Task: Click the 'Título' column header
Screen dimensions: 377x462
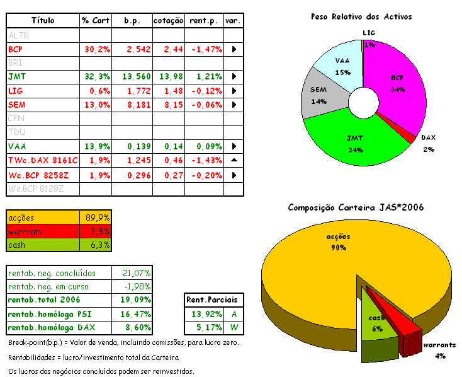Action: point(43,21)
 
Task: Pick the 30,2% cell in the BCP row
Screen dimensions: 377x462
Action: point(96,49)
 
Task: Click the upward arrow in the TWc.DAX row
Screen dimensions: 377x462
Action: point(234,161)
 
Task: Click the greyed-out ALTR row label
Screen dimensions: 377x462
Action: point(18,35)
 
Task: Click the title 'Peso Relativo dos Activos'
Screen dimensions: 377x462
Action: point(361,16)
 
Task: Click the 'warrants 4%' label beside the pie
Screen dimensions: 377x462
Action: point(439,351)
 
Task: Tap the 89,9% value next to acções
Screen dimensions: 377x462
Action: point(98,217)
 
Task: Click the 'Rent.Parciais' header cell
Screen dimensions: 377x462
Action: point(215,300)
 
